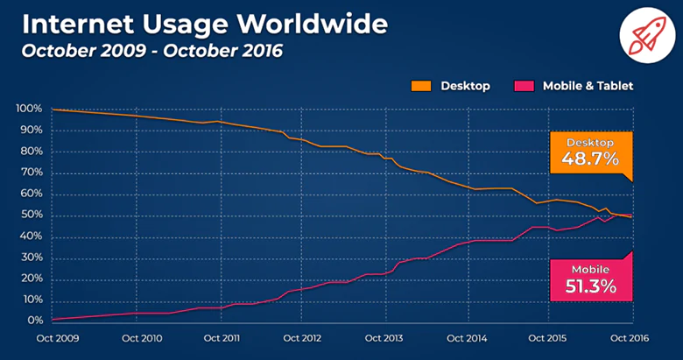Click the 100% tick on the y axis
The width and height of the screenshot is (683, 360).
pyautogui.click(x=28, y=109)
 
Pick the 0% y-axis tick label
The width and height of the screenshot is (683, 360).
pyautogui.click(x=32, y=321)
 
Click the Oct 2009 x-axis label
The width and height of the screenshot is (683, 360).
pyautogui.click(x=53, y=338)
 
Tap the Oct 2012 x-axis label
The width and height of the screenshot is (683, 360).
pyautogui.click(x=301, y=338)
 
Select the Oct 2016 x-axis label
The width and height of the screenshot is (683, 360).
pyautogui.click(x=631, y=338)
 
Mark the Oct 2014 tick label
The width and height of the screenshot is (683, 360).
pyautogui.click(x=467, y=338)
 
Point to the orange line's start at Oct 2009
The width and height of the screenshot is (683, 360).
pyautogui.click(x=53, y=109)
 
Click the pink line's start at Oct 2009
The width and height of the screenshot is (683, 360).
pyautogui.click(x=53, y=320)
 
